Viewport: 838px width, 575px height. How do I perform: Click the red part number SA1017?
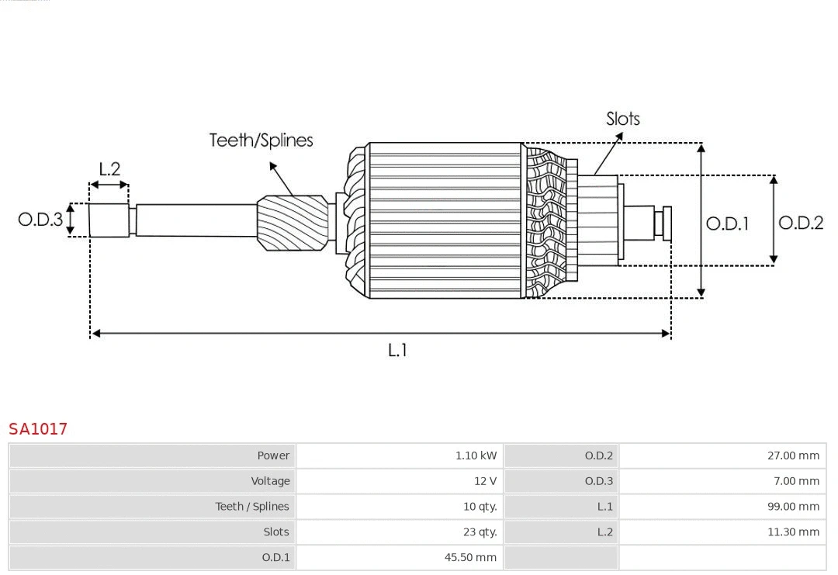38,428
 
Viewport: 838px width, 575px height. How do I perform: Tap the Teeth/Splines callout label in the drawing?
261,140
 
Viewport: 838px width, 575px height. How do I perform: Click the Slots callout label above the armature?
622,119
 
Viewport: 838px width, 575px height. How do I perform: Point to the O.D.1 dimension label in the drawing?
727,223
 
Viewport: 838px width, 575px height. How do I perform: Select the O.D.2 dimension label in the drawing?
800,223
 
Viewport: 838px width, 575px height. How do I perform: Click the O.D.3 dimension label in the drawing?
40,219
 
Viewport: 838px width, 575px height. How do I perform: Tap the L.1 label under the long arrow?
397,350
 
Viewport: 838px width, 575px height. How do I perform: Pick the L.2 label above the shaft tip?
109,168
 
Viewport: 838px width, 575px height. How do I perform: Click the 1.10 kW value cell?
476,455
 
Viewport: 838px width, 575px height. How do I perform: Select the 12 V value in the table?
485,481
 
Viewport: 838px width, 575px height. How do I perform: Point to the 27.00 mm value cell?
793,455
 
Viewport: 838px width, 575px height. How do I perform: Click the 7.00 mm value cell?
796,481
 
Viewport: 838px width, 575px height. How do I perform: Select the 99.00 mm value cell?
793,507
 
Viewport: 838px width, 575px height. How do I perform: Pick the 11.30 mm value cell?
793,532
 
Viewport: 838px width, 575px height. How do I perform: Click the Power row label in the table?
273,455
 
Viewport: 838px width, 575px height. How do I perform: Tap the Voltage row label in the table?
270,481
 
